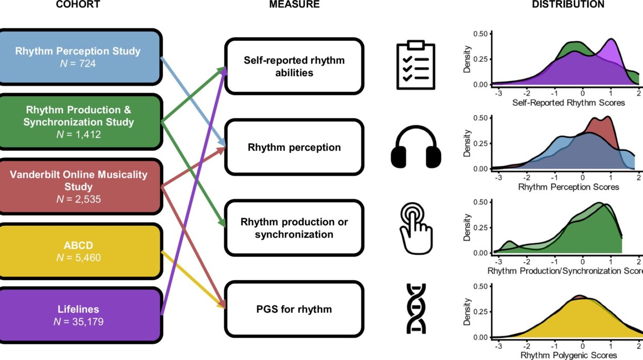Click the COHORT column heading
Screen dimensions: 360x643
[78, 5]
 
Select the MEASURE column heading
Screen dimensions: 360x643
[294, 5]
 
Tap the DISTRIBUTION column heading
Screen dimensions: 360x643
[568, 5]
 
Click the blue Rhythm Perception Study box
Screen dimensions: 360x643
[78, 57]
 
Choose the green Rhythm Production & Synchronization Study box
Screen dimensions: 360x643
[78, 122]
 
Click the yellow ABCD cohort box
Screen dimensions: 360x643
[78, 251]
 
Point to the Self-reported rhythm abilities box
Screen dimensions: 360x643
[294, 66]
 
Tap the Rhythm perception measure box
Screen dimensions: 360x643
[294, 148]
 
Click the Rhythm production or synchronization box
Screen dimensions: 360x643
[294, 228]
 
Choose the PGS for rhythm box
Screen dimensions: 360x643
[294, 309]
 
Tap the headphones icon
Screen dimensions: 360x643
[416, 147]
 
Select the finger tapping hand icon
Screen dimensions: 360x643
[416, 228]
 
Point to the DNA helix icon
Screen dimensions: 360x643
[416, 308]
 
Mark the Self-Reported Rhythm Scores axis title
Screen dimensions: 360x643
[568, 103]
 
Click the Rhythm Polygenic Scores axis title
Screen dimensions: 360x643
[568, 355]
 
